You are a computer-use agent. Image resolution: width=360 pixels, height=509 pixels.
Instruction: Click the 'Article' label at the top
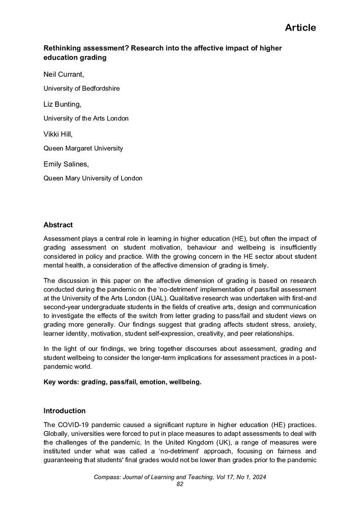pos(300,27)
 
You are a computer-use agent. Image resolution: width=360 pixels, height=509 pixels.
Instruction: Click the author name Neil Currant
pos(64,75)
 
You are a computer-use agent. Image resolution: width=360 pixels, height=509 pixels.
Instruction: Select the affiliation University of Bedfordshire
pos(81,89)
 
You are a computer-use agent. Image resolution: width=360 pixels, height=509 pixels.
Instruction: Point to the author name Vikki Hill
pos(58,135)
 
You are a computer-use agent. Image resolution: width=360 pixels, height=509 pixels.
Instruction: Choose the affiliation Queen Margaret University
pos(83,149)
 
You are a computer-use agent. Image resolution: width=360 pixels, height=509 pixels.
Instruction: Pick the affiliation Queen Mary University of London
pos(93,179)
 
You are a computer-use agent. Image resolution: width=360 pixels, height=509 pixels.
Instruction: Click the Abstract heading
pos(58,224)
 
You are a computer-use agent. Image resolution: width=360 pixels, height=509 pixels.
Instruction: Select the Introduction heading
pos(64,411)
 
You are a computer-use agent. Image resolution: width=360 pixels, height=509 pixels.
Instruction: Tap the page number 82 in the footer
pos(179,484)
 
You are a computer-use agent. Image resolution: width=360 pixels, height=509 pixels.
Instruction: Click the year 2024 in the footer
pos(258,477)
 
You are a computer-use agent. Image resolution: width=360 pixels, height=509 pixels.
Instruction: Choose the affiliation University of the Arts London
pos(86,119)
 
